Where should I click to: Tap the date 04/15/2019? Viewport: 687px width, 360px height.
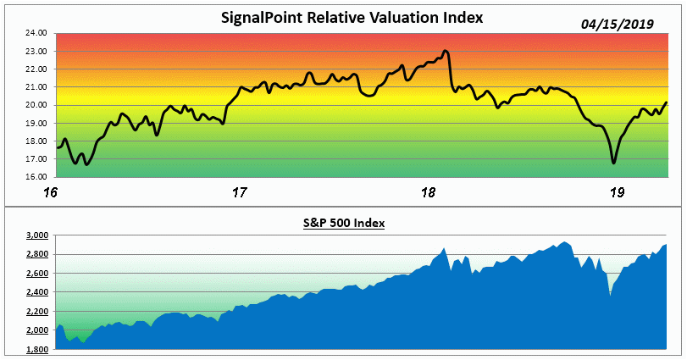[618, 25]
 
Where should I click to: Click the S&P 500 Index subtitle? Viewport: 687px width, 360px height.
[344, 223]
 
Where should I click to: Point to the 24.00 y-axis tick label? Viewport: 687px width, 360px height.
[34, 33]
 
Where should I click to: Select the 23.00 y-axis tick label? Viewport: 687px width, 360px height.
[34, 51]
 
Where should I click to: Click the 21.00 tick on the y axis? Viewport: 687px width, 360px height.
[34, 87]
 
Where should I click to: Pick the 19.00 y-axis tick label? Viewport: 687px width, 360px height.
[34, 123]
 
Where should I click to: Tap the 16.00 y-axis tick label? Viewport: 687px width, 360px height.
[34, 177]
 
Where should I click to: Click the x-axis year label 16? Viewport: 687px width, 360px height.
[52, 192]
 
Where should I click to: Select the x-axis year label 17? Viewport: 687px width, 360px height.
[239, 192]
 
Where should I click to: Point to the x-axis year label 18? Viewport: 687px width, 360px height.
[428, 192]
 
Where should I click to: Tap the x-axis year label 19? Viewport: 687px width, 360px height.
[618, 192]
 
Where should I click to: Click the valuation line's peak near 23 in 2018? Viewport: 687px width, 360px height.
[446, 51]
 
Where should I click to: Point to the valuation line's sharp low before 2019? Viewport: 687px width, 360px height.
[614, 163]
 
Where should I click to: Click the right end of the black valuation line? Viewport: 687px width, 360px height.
[666, 102]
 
